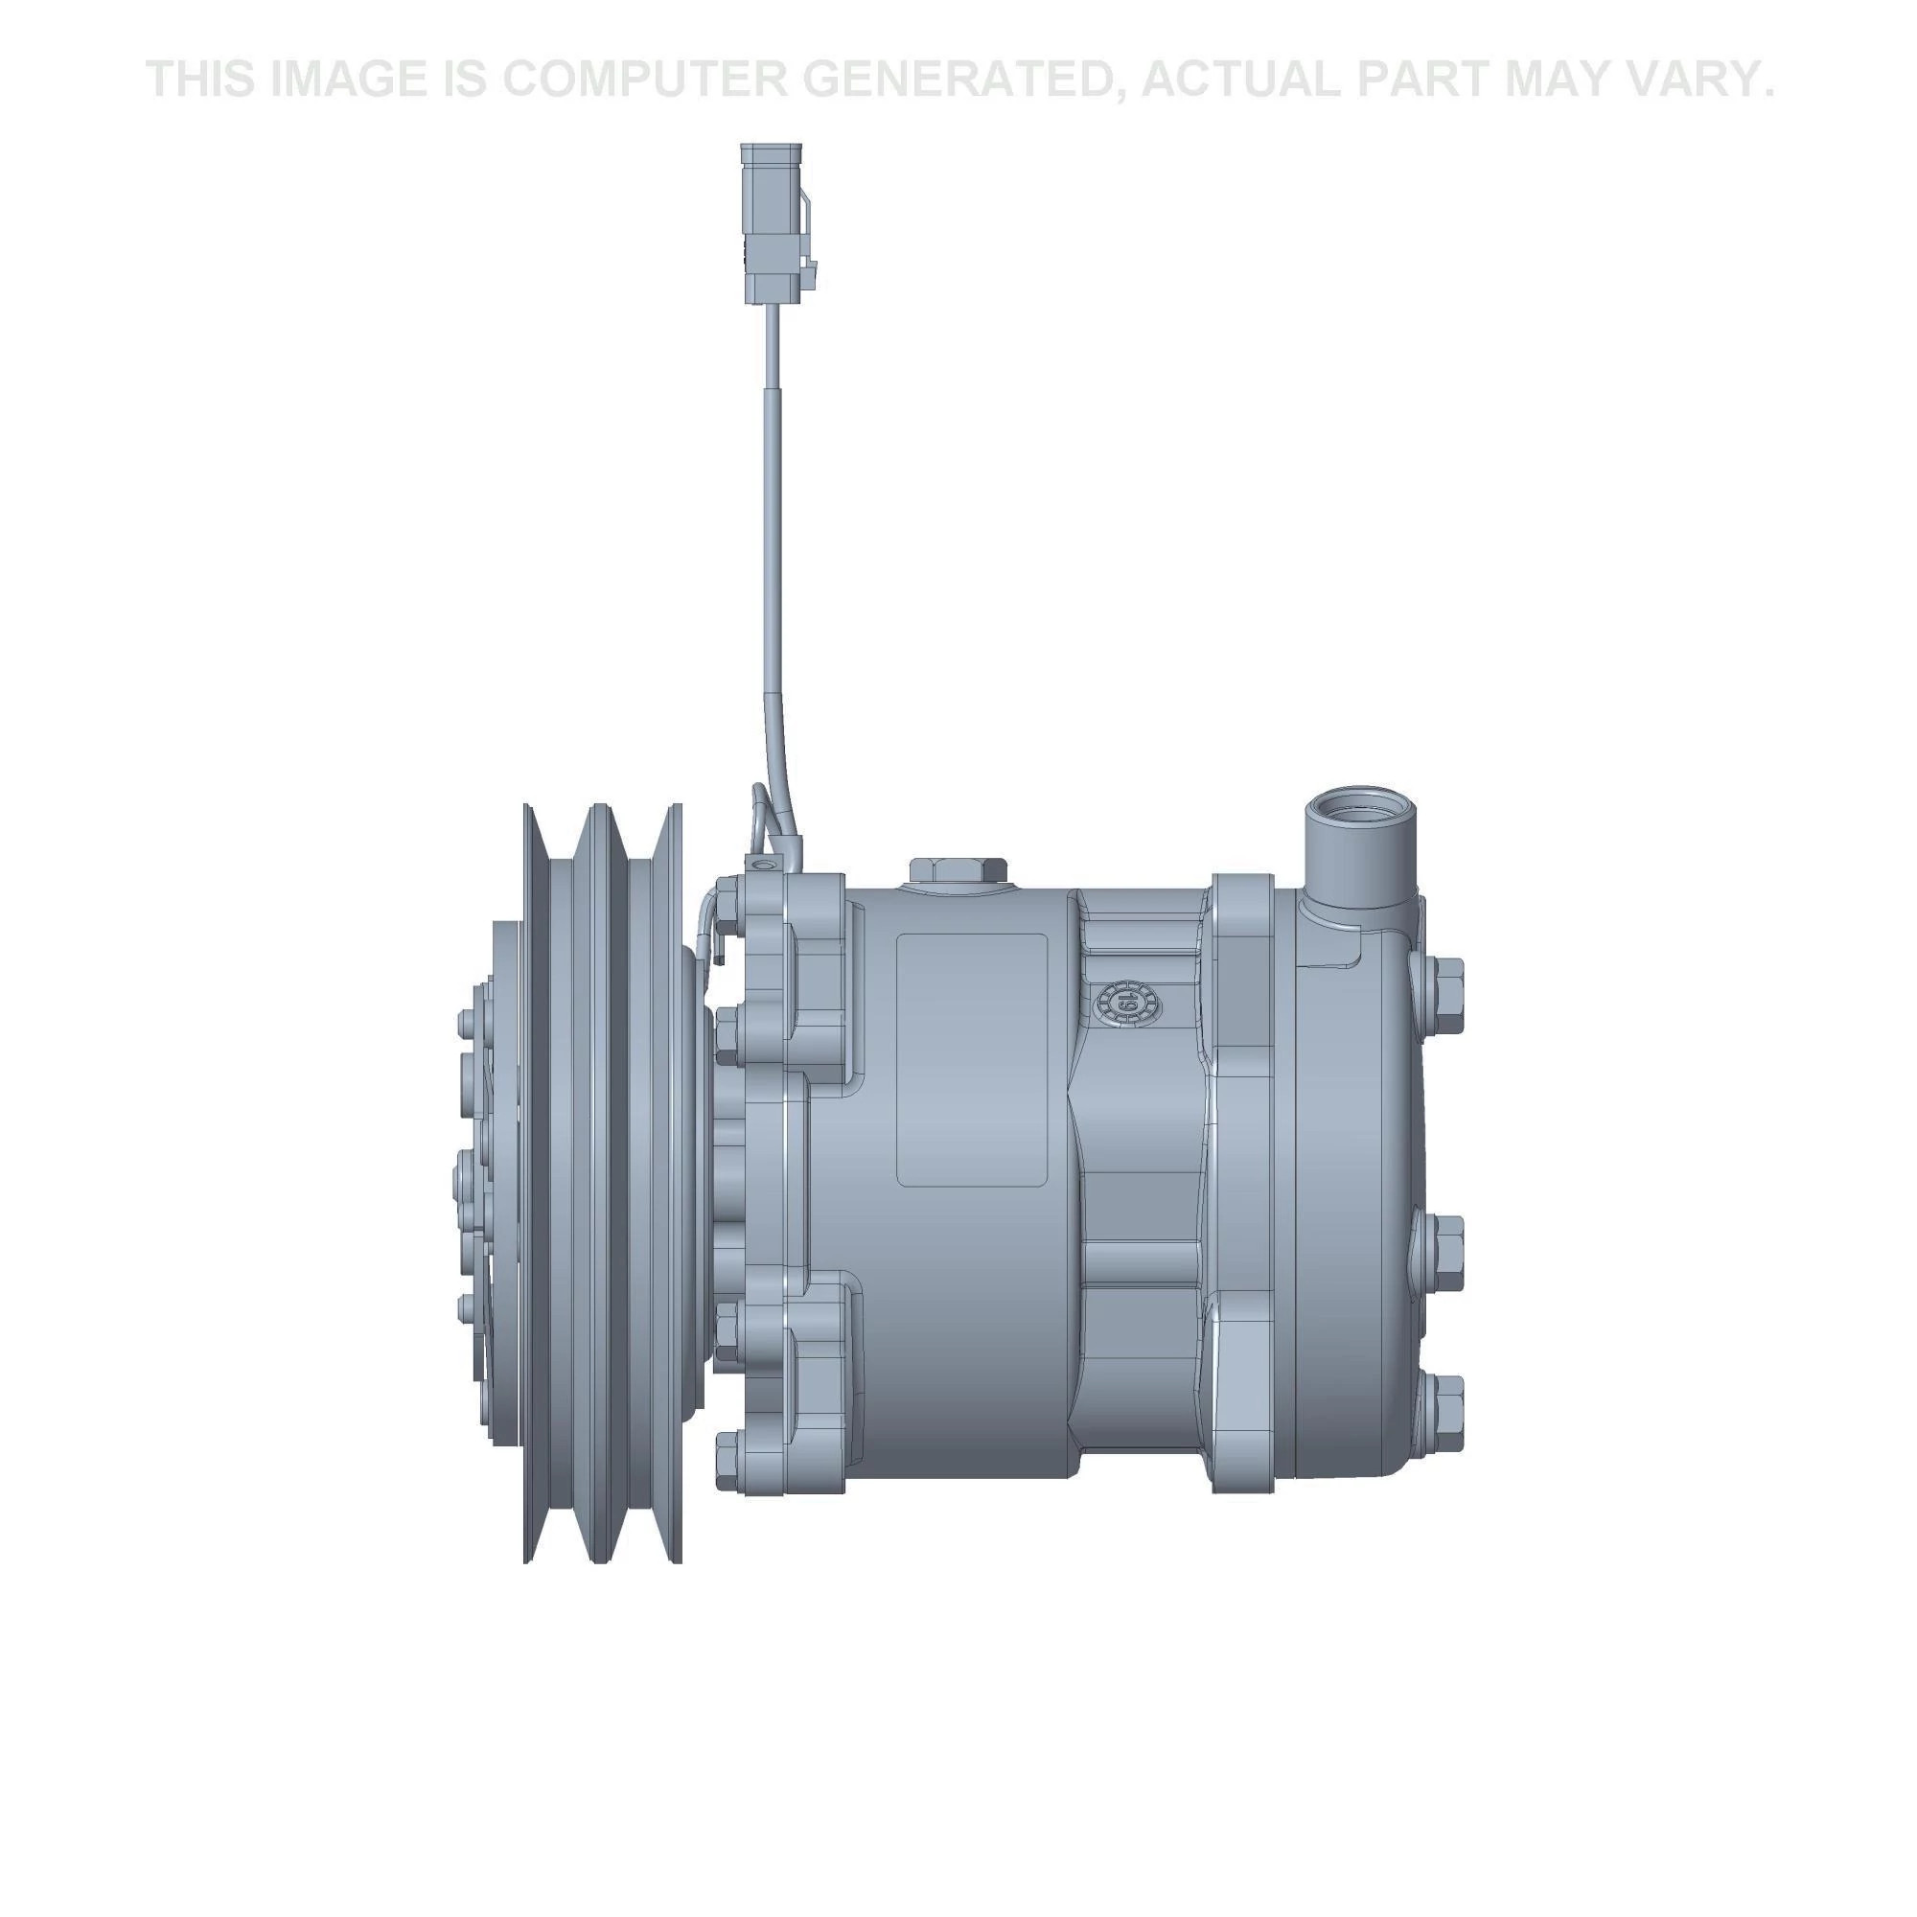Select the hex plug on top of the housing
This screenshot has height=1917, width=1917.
(x=958, y=870)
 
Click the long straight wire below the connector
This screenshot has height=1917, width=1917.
(x=771, y=497)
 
